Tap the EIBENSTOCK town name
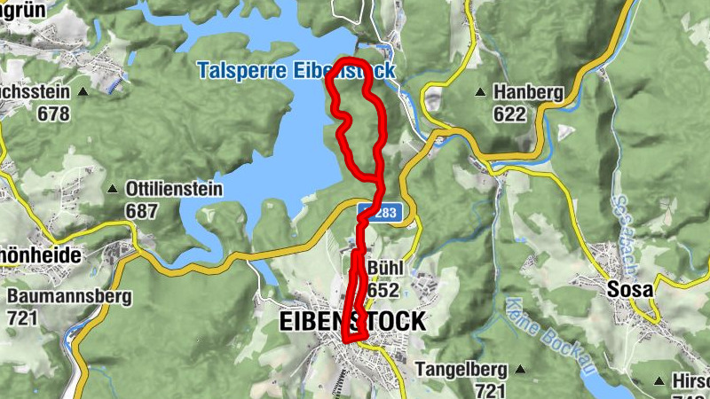pyautogui.click(x=352, y=322)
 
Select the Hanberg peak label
pyautogui.click(x=528, y=92)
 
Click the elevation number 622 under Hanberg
pyautogui.click(x=509, y=113)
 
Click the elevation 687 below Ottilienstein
pyautogui.click(x=142, y=211)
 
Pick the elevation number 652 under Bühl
pyautogui.click(x=383, y=290)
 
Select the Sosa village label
pyautogui.click(x=629, y=290)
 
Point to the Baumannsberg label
pyautogui.click(x=69, y=296)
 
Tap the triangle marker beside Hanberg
pyautogui.click(x=480, y=91)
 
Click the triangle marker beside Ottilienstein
pyautogui.click(x=113, y=189)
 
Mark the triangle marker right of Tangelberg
pyautogui.click(x=520, y=369)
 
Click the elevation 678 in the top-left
pyautogui.click(x=54, y=113)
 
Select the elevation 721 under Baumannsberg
pyautogui.click(x=22, y=317)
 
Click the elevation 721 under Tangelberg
pyautogui.click(x=491, y=390)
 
